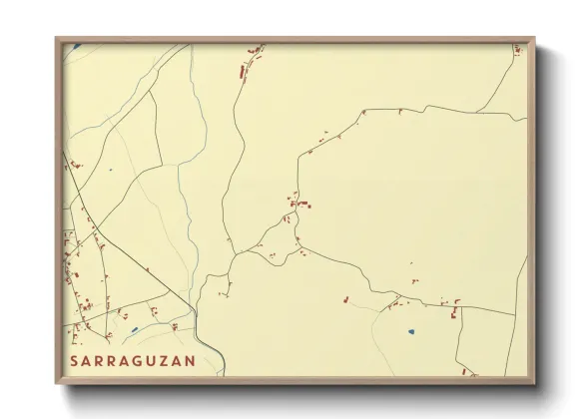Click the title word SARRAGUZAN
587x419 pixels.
pos(132,360)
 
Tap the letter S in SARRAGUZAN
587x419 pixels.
pos(74,360)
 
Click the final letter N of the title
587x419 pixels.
pos(191,360)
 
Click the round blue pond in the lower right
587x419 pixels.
pos(409,331)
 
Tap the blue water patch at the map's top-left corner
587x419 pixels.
pos(75,45)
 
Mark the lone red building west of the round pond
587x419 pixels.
pos(344,297)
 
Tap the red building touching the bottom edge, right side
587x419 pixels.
pos(473,374)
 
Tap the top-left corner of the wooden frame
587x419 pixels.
pos(56,38)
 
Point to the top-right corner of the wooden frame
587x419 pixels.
pos(534,38)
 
